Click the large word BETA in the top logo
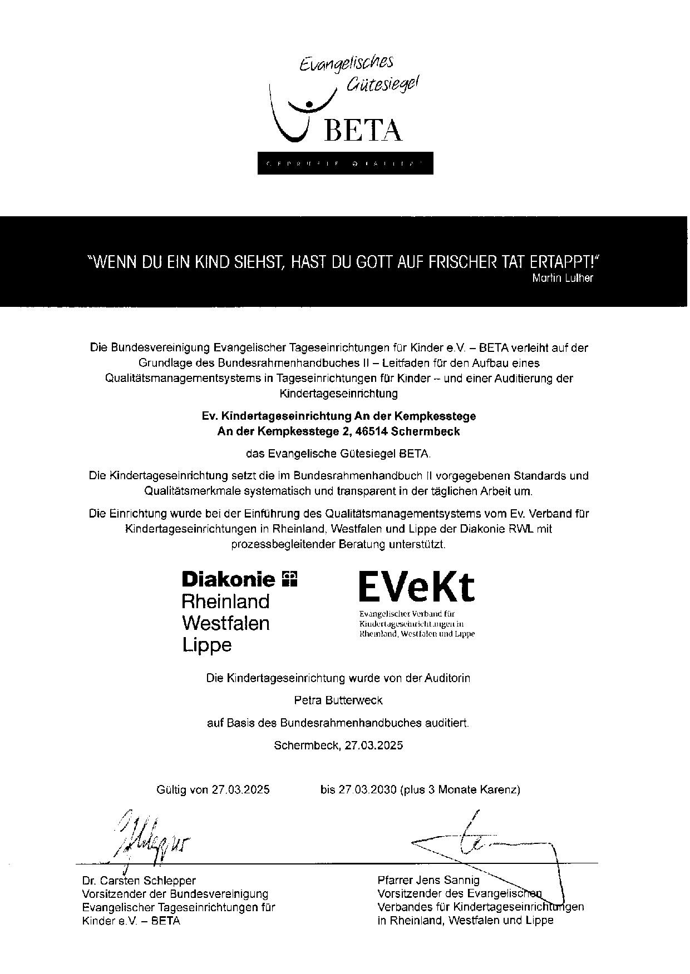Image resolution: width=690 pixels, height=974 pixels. click(x=362, y=130)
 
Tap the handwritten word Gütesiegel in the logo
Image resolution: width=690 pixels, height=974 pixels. click(x=382, y=83)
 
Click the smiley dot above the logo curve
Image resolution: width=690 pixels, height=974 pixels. click(x=309, y=103)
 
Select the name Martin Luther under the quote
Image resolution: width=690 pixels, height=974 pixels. click(x=563, y=278)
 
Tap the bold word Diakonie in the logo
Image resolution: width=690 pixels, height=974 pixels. click(x=229, y=580)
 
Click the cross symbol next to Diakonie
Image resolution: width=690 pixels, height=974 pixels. click(x=290, y=579)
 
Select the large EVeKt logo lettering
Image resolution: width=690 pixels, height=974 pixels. click(x=417, y=587)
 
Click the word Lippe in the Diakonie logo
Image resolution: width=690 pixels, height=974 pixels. click(x=207, y=645)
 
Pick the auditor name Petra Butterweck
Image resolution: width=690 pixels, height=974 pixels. click(x=338, y=700)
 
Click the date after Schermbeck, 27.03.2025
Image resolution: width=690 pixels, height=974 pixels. click(x=373, y=745)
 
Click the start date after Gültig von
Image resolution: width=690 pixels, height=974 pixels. click(x=240, y=789)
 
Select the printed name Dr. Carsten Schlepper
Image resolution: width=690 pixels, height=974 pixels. click(x=139, y=881)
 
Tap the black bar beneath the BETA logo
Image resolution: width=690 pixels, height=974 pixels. click(x=345, y=163)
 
